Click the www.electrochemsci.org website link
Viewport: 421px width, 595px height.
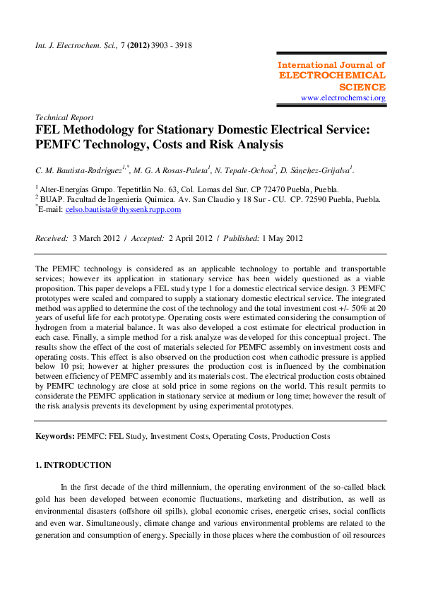(x=343, y=98)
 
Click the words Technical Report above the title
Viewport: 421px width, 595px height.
(x=64, y=117)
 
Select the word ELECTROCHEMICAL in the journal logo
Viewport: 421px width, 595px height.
(x=332, y=75)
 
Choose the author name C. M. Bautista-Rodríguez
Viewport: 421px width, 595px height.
(x=80, y=170)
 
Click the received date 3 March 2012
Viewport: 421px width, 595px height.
(x=95, y=238)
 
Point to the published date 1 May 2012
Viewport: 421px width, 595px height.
(x=282, y=238)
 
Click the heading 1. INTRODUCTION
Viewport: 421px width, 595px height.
(x=73, y=465)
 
